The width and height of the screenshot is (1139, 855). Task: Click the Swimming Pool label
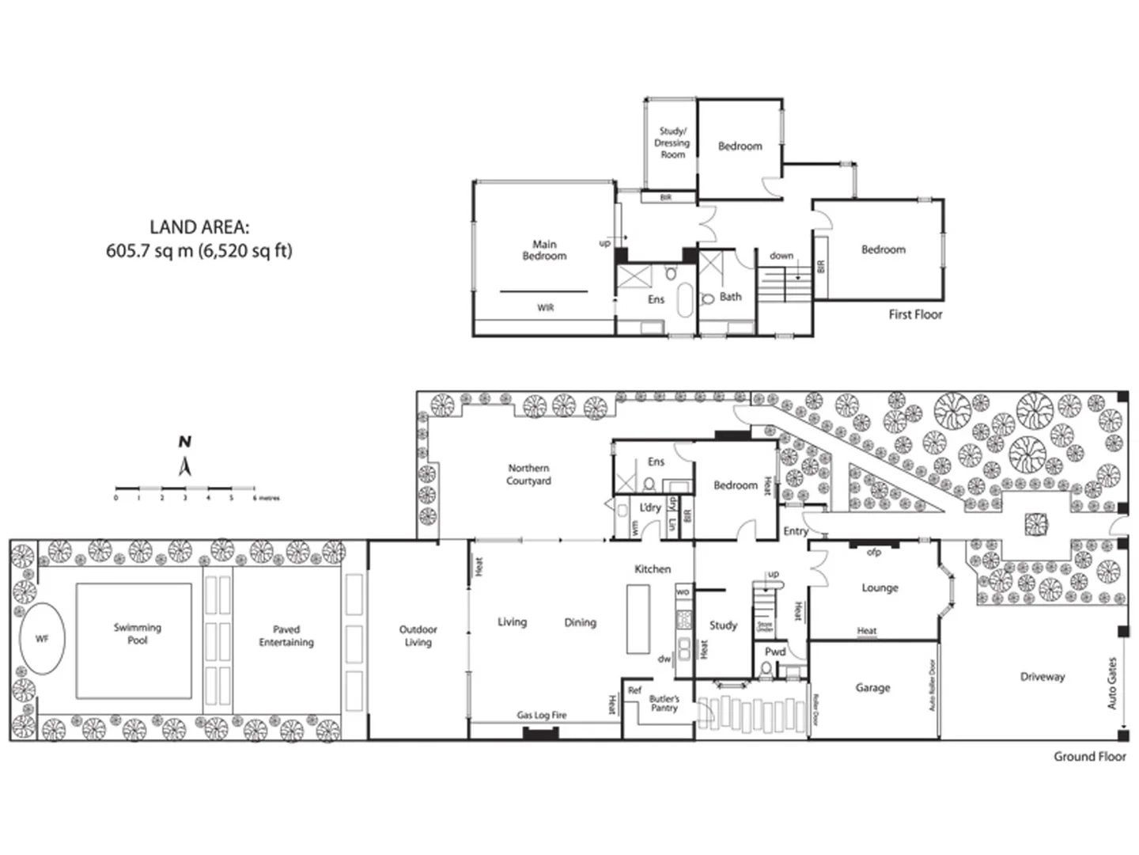pos(137,633)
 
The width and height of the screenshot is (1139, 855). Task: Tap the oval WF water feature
pos(42,638)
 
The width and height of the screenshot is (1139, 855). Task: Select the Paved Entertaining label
pos(286,636)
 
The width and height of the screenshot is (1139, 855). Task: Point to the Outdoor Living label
pos(418,636)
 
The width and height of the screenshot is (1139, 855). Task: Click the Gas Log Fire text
pos(542,715)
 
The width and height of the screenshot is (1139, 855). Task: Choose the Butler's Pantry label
pos(664,703)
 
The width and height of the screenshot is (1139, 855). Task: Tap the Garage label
pos(872,688)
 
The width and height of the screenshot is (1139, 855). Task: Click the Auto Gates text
pos(1112,682)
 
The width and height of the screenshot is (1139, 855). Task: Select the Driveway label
pos(1042,677)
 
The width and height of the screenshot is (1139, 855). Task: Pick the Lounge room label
pos(880,588)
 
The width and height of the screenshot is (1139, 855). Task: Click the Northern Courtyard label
pos(528,474)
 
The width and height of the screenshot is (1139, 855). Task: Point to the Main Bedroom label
pos(544,250)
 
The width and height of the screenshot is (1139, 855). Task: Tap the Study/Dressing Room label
pos(672,143)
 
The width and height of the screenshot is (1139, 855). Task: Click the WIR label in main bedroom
pos(546,308)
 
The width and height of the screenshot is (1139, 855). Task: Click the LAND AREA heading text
pos(199,228)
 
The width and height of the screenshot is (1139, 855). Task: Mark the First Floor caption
pos(915,314)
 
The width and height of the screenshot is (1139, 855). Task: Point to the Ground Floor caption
pos(1089,756)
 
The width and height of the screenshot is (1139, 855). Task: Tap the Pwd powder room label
pos(774,652)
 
